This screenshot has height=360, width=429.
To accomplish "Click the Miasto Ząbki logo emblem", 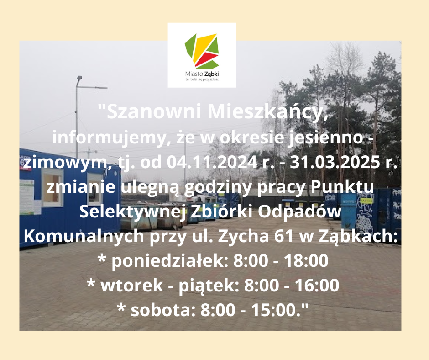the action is (202, 51).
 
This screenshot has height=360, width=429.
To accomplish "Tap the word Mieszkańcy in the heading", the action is (267, 112).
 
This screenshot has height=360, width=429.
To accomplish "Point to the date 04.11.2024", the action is (212, 162).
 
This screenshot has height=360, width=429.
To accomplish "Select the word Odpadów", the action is (299, 211).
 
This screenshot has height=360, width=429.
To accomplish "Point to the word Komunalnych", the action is (84, 236).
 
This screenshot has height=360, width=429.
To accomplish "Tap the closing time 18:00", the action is (306, 260).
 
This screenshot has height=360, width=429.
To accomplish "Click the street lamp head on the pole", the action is (79, 79).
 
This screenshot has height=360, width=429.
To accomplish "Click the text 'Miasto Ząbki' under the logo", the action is (202, 74).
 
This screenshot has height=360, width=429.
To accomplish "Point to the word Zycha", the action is (242, 236).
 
